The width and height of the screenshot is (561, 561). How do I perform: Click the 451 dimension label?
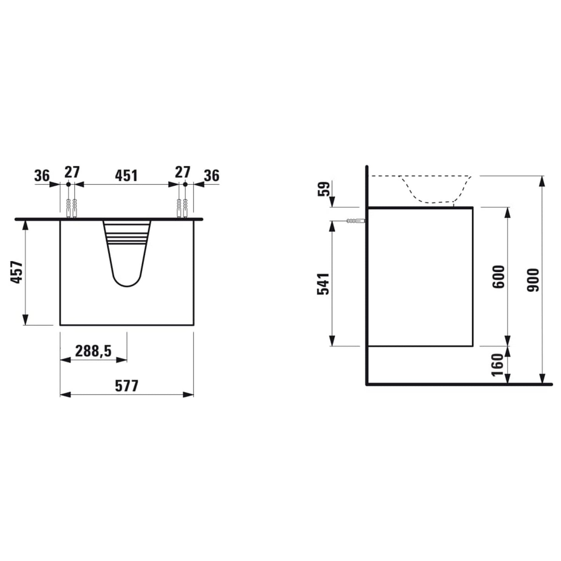126,175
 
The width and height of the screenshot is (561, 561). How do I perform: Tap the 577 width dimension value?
126,386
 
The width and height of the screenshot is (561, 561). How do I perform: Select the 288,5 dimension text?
94,351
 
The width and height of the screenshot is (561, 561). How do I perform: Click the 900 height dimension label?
534,280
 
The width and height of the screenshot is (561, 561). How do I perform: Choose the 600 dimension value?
499,276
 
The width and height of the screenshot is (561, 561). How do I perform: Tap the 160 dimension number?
499,365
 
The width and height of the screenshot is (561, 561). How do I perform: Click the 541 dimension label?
323,284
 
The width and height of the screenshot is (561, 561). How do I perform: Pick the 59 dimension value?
325,189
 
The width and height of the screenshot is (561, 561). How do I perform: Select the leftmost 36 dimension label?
42,176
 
